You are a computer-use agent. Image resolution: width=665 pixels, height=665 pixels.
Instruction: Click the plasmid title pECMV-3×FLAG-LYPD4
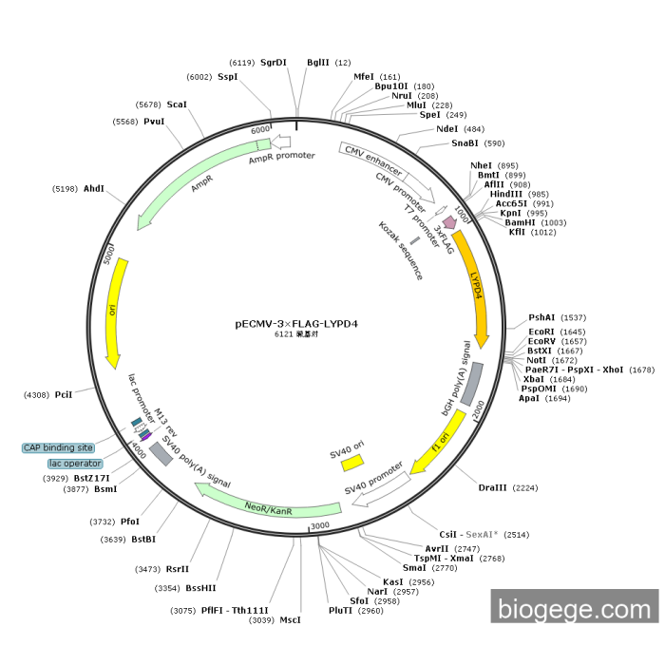coord(295,323)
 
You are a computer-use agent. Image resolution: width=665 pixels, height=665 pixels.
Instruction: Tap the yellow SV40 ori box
coord(352,462)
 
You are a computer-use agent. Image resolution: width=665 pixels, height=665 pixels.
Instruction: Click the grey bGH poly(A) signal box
coord(471,383)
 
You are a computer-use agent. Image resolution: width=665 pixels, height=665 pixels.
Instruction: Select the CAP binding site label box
coord(59,447)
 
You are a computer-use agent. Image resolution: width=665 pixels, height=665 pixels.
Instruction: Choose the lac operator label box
coord(74,464)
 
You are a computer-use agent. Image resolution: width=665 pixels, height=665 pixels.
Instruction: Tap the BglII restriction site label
coord(315,63)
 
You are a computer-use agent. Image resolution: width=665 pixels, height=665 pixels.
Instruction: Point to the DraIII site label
coord(493,487)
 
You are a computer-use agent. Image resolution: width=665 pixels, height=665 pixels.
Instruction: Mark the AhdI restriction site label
coord(94,189)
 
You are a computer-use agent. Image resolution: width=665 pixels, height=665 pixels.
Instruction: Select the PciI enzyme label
coord(64,393)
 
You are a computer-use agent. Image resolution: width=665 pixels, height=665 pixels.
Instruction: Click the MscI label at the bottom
coord(290,619)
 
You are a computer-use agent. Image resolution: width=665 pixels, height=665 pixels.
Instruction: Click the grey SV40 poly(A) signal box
coord(161,454)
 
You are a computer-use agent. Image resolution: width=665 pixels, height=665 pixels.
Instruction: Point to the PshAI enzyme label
coord(542,317)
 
